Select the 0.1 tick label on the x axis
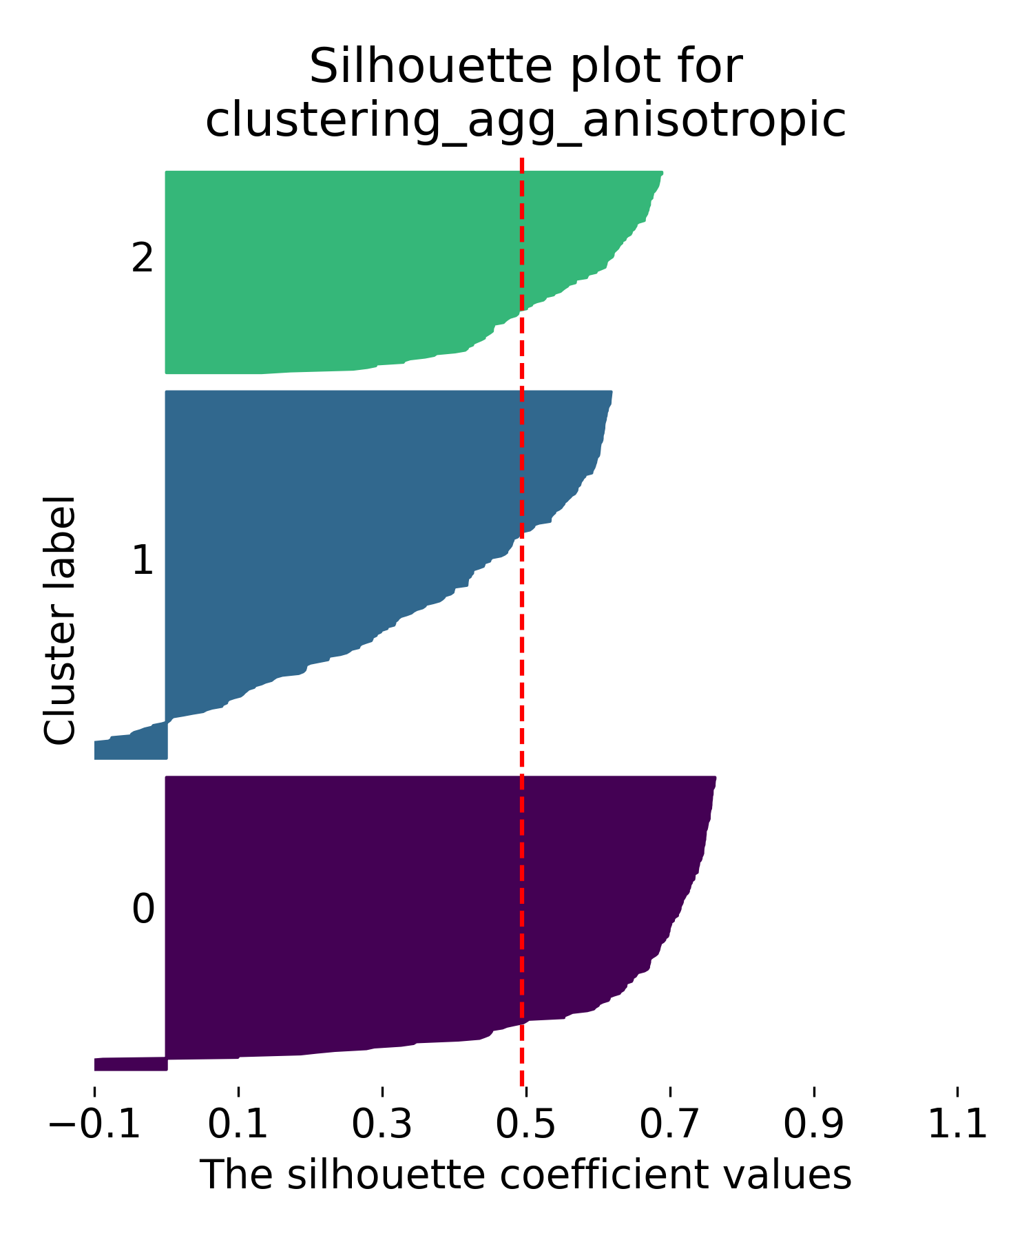[238, 1125]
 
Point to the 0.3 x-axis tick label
[382, 1125]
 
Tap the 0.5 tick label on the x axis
[525, 1125]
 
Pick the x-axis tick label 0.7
[669, 1125]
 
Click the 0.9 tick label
[813, 1125]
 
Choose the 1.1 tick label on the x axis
[957, 1125]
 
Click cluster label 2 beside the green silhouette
[143, 260]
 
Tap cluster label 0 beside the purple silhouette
[143, 910]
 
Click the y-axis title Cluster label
[59, 620]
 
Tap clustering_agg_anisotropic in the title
[525, 121]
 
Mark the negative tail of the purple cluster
[130, 1064]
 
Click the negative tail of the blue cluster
[130, 747]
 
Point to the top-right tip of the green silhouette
[661, 173]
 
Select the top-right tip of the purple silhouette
[715, 778]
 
